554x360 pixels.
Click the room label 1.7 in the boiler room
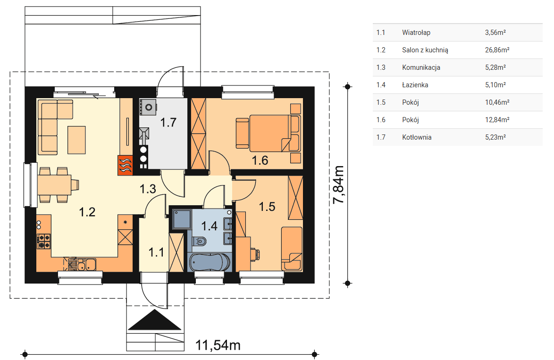pyautogui.click(x=168, y=122)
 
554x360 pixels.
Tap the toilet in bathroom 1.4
pyautogui.click(x=200, y=241)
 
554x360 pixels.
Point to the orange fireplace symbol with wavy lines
pyautogui.click(x=125, y=165)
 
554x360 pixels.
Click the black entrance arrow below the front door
pyautogui.click(x=155, y=320)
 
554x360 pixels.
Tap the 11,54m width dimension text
pyautogui.click(x=218, y=345)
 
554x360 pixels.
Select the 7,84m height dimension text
pyautogui.click(x=338, y=184)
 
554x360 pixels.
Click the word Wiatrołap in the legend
pyautogui.click(x=416, y=33)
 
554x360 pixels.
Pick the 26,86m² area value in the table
pyautogui.click(x=497, y=50)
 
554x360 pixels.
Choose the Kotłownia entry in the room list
pyautogui.click(x=417, y=137)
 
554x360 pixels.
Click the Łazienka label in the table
pyautogui.click(x=415, y=85)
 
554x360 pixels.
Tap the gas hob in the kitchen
pyautogui.click(x=44, y=241)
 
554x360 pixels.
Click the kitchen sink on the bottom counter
pyautogui.click(x=86, y=264)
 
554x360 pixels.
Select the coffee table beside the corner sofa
pyautogui.click(x=76, y=140)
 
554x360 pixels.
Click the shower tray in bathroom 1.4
pyautogui.click(x=182, y=219)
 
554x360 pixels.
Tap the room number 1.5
pyautogui.click(x=267, y=206)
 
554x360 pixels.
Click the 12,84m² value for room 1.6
pyautogui.click(x=497, y=120)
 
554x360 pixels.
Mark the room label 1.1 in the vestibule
pyautogui.click(x=156, y=252)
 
